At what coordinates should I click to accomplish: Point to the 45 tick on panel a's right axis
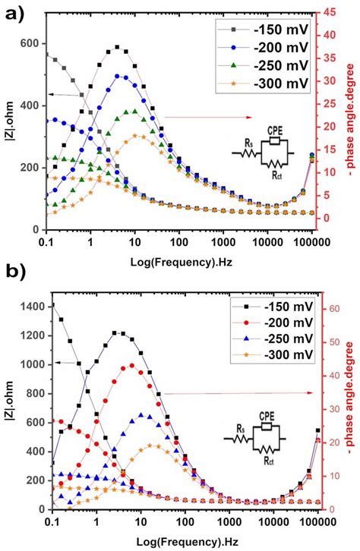pyautogui.click(x=330, y=12)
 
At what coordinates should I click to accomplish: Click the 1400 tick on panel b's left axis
pyautogui.click(x=30, y=306)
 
